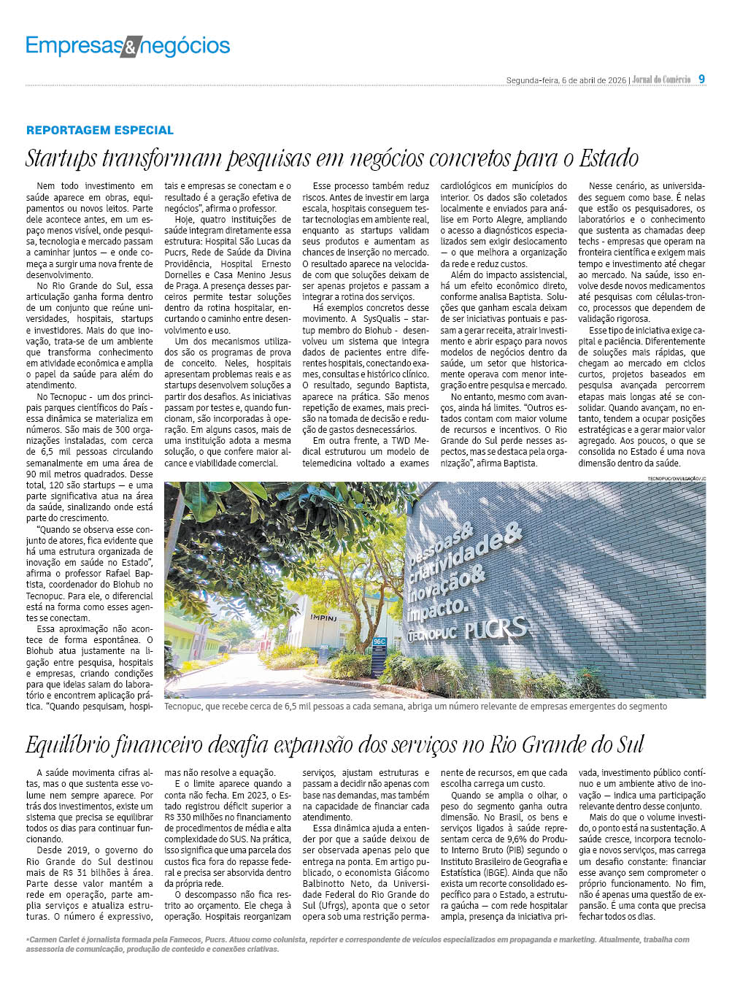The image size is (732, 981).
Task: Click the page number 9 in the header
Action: pos(701,79)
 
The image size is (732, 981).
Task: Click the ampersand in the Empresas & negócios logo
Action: pos(130,47)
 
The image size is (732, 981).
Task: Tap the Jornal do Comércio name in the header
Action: pos(661,80)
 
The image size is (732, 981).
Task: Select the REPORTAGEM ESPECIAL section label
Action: pos(100,130)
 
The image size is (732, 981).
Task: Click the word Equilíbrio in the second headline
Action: pos(66,745)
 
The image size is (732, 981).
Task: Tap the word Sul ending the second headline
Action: pos(628,745)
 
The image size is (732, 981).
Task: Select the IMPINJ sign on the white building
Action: pos(323,618)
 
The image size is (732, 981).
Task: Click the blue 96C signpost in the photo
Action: pos(379,643)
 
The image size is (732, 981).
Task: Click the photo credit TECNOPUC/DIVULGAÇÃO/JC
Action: pos(677,478)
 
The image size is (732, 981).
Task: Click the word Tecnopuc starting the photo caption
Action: pos(183,707)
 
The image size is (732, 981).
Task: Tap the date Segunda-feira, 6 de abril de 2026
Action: pos(566,80)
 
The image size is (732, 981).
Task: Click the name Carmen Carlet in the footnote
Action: pos(53,939)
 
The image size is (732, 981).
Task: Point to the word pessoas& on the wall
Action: pos(441,544)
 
